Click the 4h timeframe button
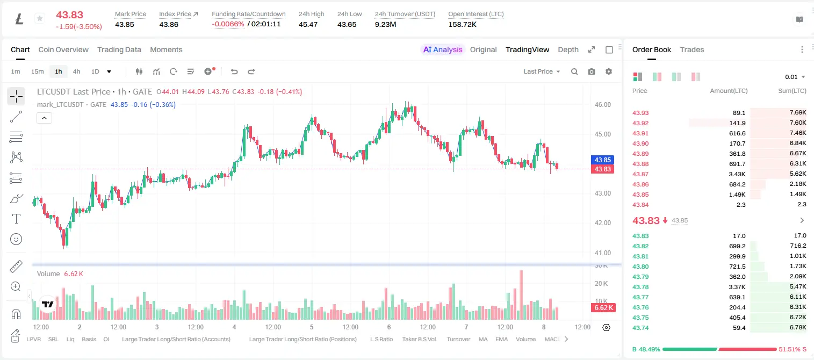click(76, 71)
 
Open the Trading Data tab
click(119, 49)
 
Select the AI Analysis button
click(443, 49)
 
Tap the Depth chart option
click(568, 49)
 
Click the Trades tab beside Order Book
click(692, 49)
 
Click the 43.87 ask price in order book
click(640, 174)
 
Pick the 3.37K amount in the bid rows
click(737, 287)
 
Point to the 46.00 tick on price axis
click(602, 105)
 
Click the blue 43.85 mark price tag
click(602, 160)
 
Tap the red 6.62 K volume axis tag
click(603, 308)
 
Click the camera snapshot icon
click(592, 71)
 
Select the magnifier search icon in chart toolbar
click(574, 71)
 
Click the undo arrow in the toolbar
click(234, 71)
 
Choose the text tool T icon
click(16, 219)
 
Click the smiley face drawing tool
click(16, 239)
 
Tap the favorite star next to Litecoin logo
click(40, 18)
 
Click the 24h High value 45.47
click(308, 24)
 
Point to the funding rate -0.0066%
click(228, 24)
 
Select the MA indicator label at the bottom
click(483, 339)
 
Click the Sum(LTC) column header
click(792, 91)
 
